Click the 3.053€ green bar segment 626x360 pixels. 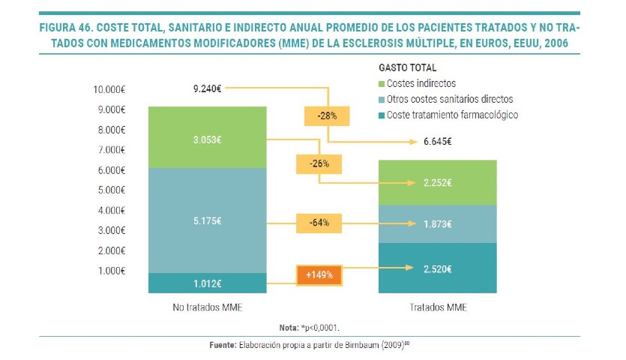tap(207, 137)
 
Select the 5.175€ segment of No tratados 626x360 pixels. tap(207, 220)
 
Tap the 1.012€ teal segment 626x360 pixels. tap(207, 283)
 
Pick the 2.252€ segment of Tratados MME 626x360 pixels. tap(438, 182)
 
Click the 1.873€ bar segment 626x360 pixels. tap(438, 223)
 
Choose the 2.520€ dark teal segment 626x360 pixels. tap(438, 268)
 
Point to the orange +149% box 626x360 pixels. tap(320, 275)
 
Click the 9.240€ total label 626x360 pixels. tap(207, 88)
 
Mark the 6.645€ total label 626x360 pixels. tap(438, 141)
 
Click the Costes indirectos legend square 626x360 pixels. tap(382, 83)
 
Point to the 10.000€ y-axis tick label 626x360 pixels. tap(109, 89)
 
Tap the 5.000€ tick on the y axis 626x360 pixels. tap(112, 190)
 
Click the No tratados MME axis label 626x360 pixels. tap(207, 307)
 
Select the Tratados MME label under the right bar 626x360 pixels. tap(438, 307)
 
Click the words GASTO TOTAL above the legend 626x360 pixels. tap(408, 67)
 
